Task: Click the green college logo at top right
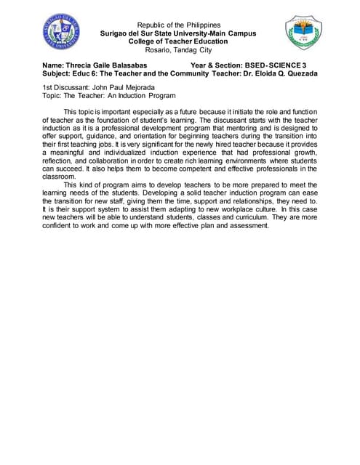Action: click(x=300, y=35)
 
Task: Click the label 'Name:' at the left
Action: click(x=52, y=65)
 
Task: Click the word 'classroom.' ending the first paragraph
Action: click(x=59, y=176)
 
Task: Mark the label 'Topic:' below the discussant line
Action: click(x=51, y=95)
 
